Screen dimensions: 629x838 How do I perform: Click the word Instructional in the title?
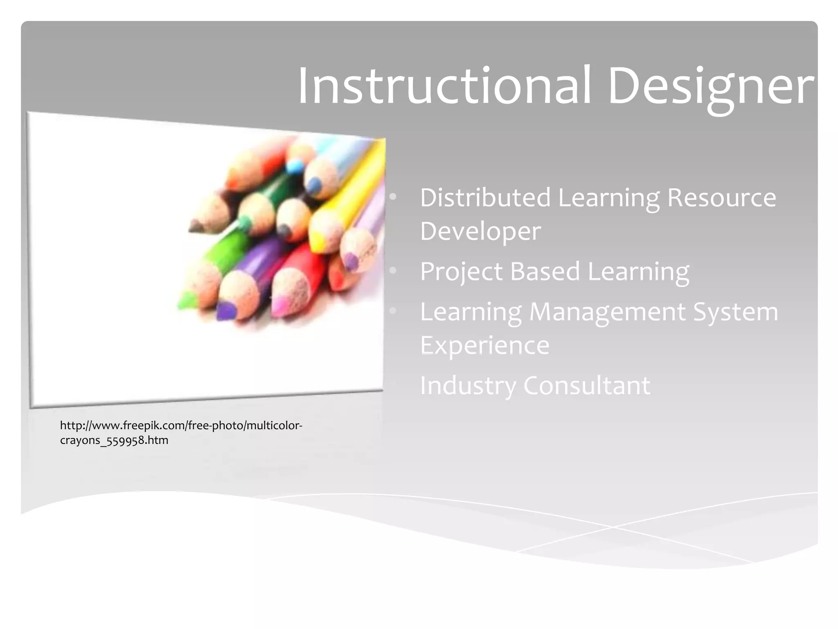pyautogui.click(x=444, y=87)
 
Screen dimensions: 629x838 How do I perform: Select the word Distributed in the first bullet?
pyautogui.click(x=485, y=197)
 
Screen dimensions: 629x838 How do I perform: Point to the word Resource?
pyautogui.click(x=721, y=197)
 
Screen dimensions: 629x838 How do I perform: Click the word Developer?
pyautogui.click(x=480, y=231)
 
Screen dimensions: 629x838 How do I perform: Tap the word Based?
pyautogui.click(x=545, y=271)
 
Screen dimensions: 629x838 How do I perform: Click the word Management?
pyautogui.click(x=607, y=312)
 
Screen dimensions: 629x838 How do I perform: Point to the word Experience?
pyautogui.click(x=484, y=345)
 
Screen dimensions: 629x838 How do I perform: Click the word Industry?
pyautogui.click(x=468, y=386)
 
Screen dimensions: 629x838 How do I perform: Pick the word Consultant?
pyautogui.click(x=587, y=385)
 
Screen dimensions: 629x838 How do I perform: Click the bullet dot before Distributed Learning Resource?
pyautogui.click(x=393, y=197)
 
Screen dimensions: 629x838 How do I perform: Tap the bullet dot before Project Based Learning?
pyautogui.click(x=393, y=271)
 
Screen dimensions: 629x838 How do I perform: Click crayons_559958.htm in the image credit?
pyautogui.click(x=114, y=441)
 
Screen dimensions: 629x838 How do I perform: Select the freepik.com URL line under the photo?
pyautogui.click(x=181, y=426)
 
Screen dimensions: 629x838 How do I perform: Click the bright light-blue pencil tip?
pyautogui.click(x=295, y=166)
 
